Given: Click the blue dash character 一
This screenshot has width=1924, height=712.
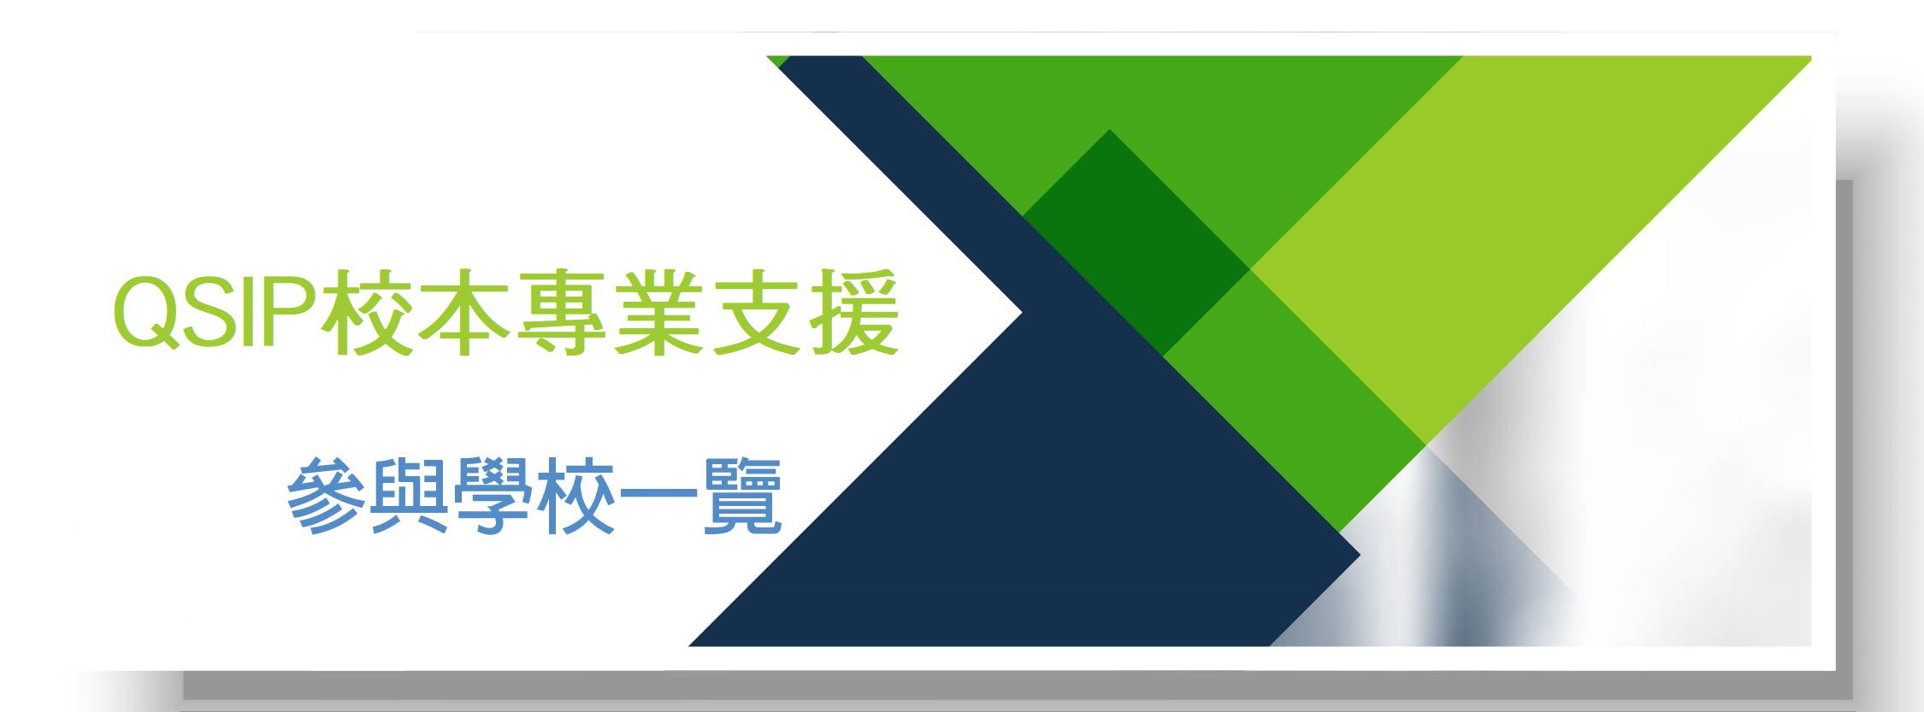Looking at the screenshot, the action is (658, 499).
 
